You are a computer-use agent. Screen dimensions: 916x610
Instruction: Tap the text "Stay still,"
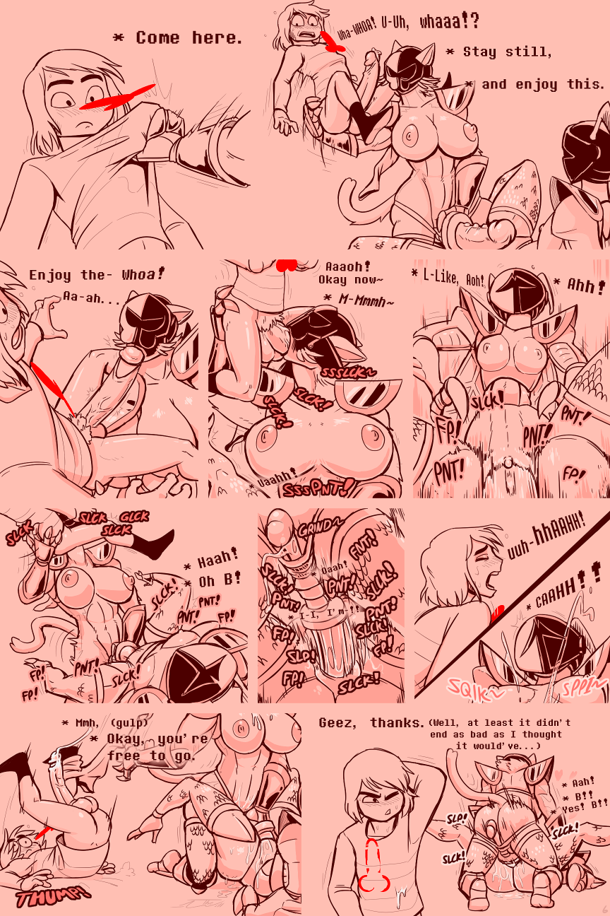tap(508, 52)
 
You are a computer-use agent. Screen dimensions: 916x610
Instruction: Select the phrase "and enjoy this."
tap(542, 84)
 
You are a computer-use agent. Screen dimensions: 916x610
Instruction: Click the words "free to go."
tap(150, 756)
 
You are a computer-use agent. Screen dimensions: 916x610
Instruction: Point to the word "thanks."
tap(398, 722)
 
